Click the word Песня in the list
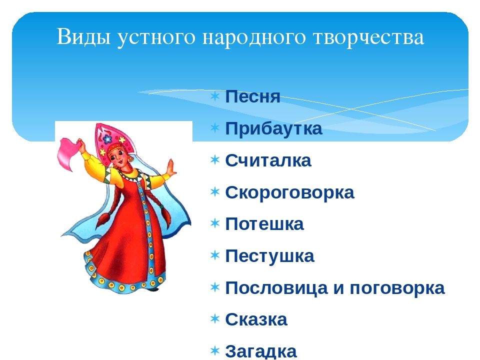[252, 96]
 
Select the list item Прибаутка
[273, 129]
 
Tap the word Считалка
[268, 160]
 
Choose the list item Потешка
[264, 224]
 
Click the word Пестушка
[269, 256]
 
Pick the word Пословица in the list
[276, 288]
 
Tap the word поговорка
[397, 288]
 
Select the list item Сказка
[256, 319]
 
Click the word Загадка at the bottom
[261, 351]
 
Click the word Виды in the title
[83, 36]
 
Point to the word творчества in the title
[368, 36]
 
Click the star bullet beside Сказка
[215, 318]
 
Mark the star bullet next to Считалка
[215, 159]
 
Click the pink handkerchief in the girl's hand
[68, 153]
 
